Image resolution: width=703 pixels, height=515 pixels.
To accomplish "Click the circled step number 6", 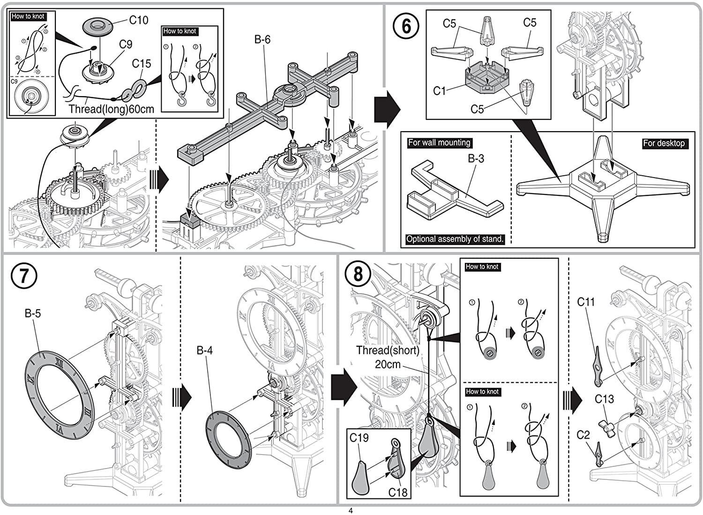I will click(406, 26).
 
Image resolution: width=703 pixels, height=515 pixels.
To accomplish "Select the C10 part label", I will click(139, 20).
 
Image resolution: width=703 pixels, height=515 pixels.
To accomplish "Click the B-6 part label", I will click(262, 40).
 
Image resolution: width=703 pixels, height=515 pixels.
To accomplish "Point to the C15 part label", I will click(142, 63).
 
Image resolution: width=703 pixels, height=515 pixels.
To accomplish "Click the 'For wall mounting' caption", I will click(439, 142).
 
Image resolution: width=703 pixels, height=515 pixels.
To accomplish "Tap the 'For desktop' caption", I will click(664, 143).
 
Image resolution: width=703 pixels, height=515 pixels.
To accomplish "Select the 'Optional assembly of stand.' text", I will click(455, 239).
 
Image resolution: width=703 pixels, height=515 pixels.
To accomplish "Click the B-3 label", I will click(476, 158).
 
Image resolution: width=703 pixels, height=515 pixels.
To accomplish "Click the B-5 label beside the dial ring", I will click(33, 313).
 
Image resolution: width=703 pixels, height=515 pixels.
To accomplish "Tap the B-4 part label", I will click(205, 350).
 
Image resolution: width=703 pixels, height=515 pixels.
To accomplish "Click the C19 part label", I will click(359, 438).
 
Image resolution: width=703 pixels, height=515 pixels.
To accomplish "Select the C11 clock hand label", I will click(586, 302).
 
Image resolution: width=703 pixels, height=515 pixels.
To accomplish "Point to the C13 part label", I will click(604, 399).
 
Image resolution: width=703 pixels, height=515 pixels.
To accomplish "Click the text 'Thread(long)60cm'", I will click(112, 109).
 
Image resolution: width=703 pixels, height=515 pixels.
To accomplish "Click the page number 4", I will click(350, 510).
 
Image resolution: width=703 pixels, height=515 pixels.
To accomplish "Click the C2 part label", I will click(583, 435).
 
